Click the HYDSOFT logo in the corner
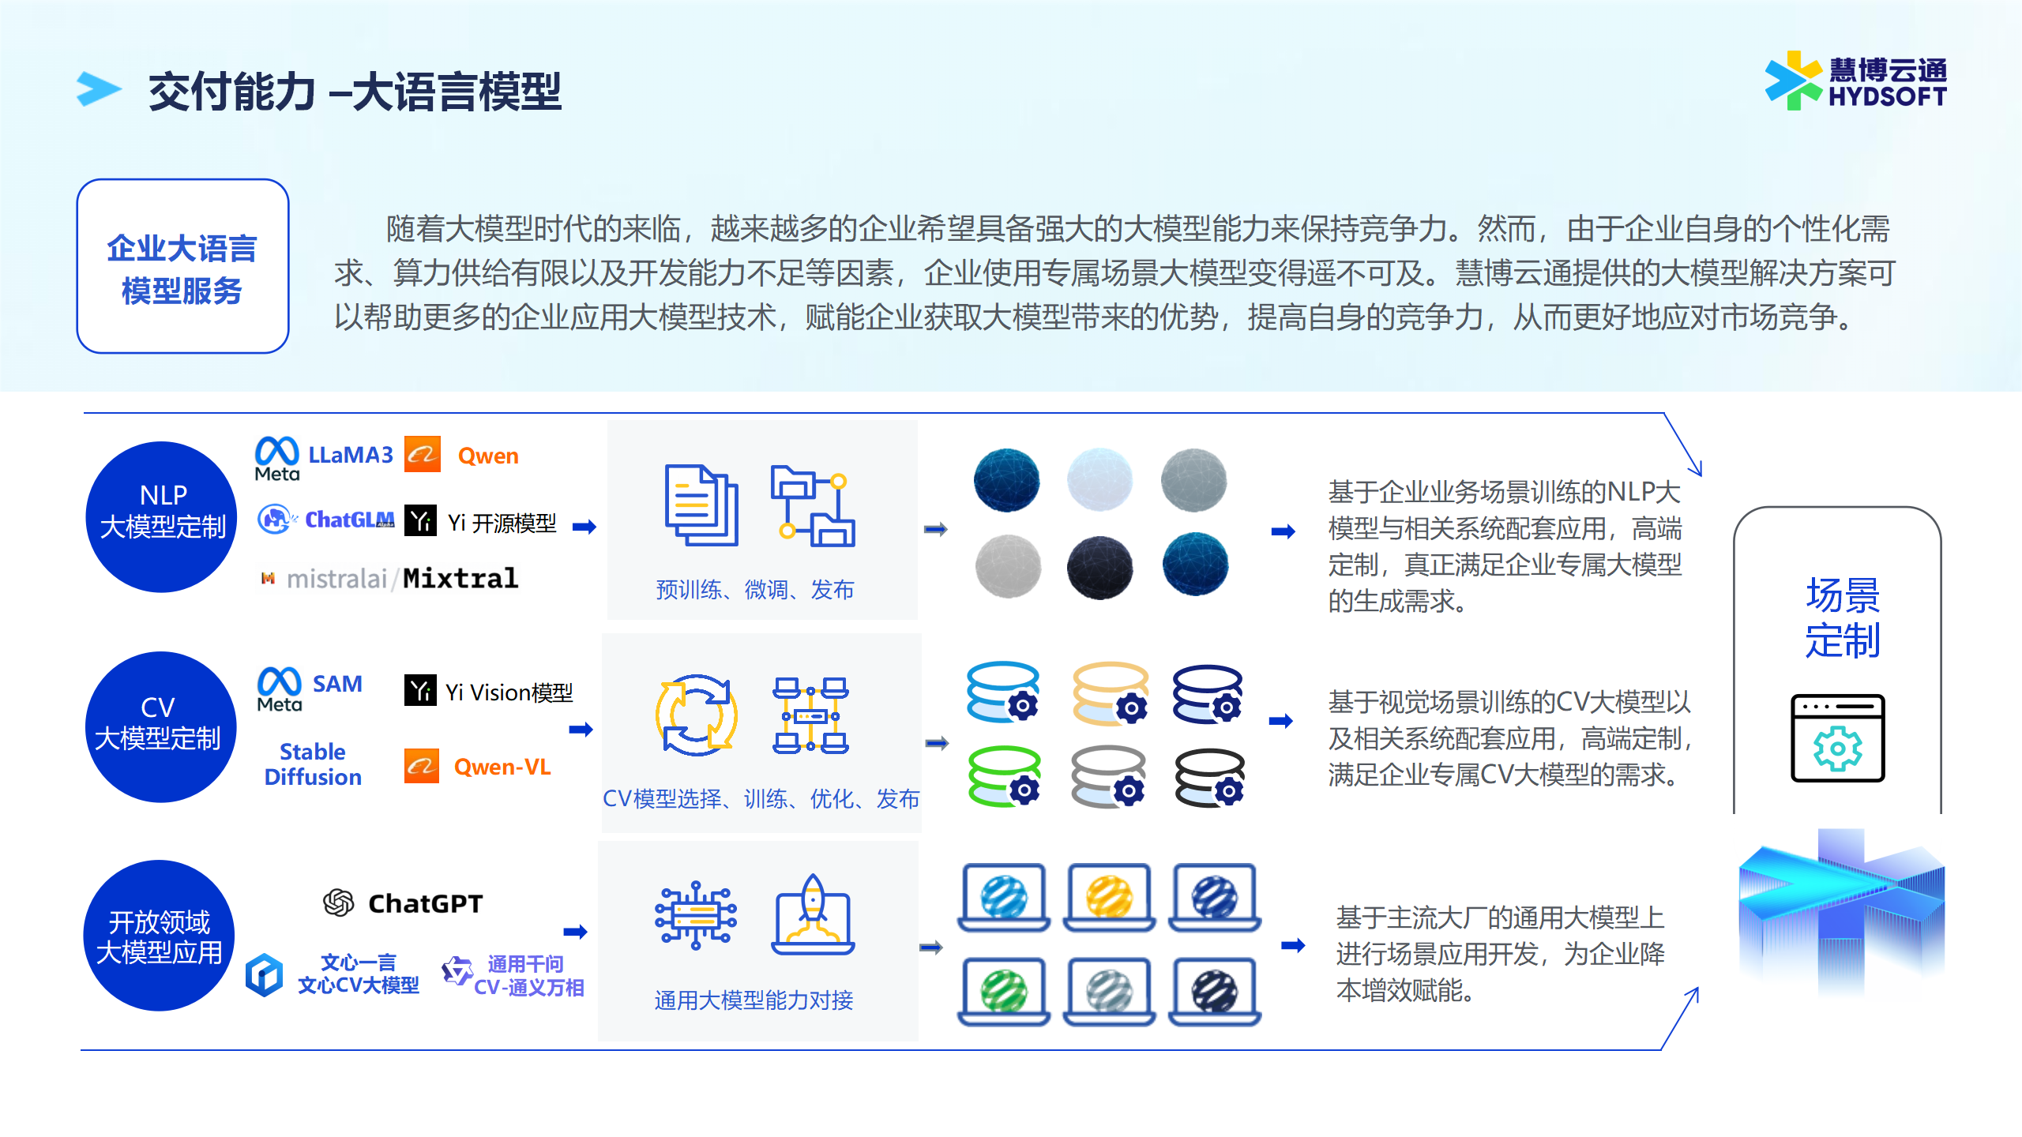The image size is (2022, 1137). [x=1855, y=81]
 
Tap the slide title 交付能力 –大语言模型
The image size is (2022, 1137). [x=355, y=92]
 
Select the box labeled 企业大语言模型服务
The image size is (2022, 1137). [x=182, y=266]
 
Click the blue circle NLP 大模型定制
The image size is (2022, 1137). [x=162, y=517]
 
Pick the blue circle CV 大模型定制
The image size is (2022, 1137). [x=160, y=727]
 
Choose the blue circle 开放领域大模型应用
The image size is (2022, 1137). [x=159, y=936]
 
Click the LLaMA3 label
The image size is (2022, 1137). [x=350, y=455]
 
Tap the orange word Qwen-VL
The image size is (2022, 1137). [x=502, y=767]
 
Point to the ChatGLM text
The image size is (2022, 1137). [x=349, y=520]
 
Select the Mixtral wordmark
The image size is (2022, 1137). [x=460, y=578]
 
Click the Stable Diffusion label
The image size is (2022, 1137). [x=313, y=764]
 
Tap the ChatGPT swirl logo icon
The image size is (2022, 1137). [x=339, y=902]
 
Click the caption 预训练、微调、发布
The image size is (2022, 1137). [x=755, y=590]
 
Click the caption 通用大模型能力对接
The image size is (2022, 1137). [x=754, y=1000]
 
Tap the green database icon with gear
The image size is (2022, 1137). [x=1004, y=776]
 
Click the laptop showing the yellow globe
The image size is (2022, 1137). [x=1109, y=898]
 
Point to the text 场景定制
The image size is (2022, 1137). [x=1843, y=617]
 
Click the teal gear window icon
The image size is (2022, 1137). [x=1837, y=738]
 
